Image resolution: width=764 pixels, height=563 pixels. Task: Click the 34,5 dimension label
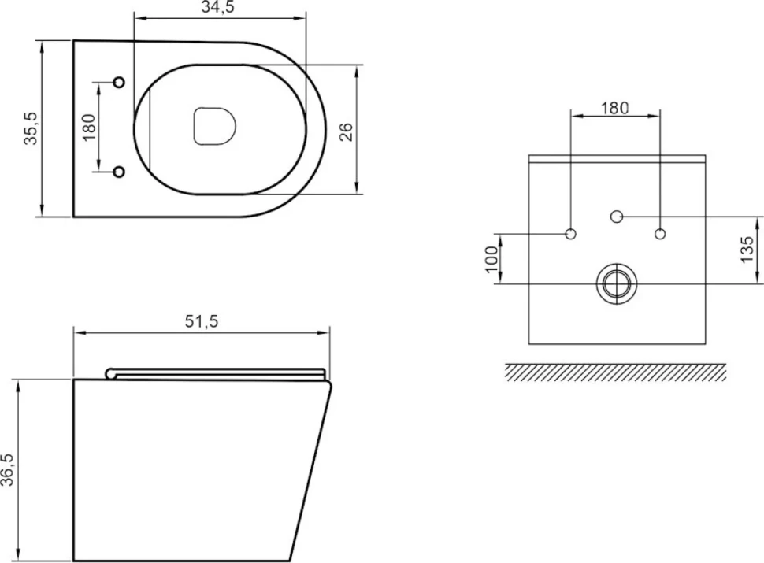tap(218, 8)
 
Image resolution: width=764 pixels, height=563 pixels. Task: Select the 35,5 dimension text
tap(32, 128)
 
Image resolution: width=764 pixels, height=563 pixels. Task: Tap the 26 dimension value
tap(346, 132)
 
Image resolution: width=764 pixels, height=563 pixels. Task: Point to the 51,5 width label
tap(202, 321)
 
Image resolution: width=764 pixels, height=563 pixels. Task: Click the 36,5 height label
tap(7, 469)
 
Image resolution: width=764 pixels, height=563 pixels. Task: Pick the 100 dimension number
tap(492, 260)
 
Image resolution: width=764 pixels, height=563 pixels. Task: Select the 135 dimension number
tap(747, 250)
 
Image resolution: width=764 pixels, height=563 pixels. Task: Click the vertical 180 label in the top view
tap(89, 127)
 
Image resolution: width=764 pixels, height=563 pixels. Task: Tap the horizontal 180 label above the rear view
tap(614, 108)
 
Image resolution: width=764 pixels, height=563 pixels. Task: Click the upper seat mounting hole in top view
tap(119, 83)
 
